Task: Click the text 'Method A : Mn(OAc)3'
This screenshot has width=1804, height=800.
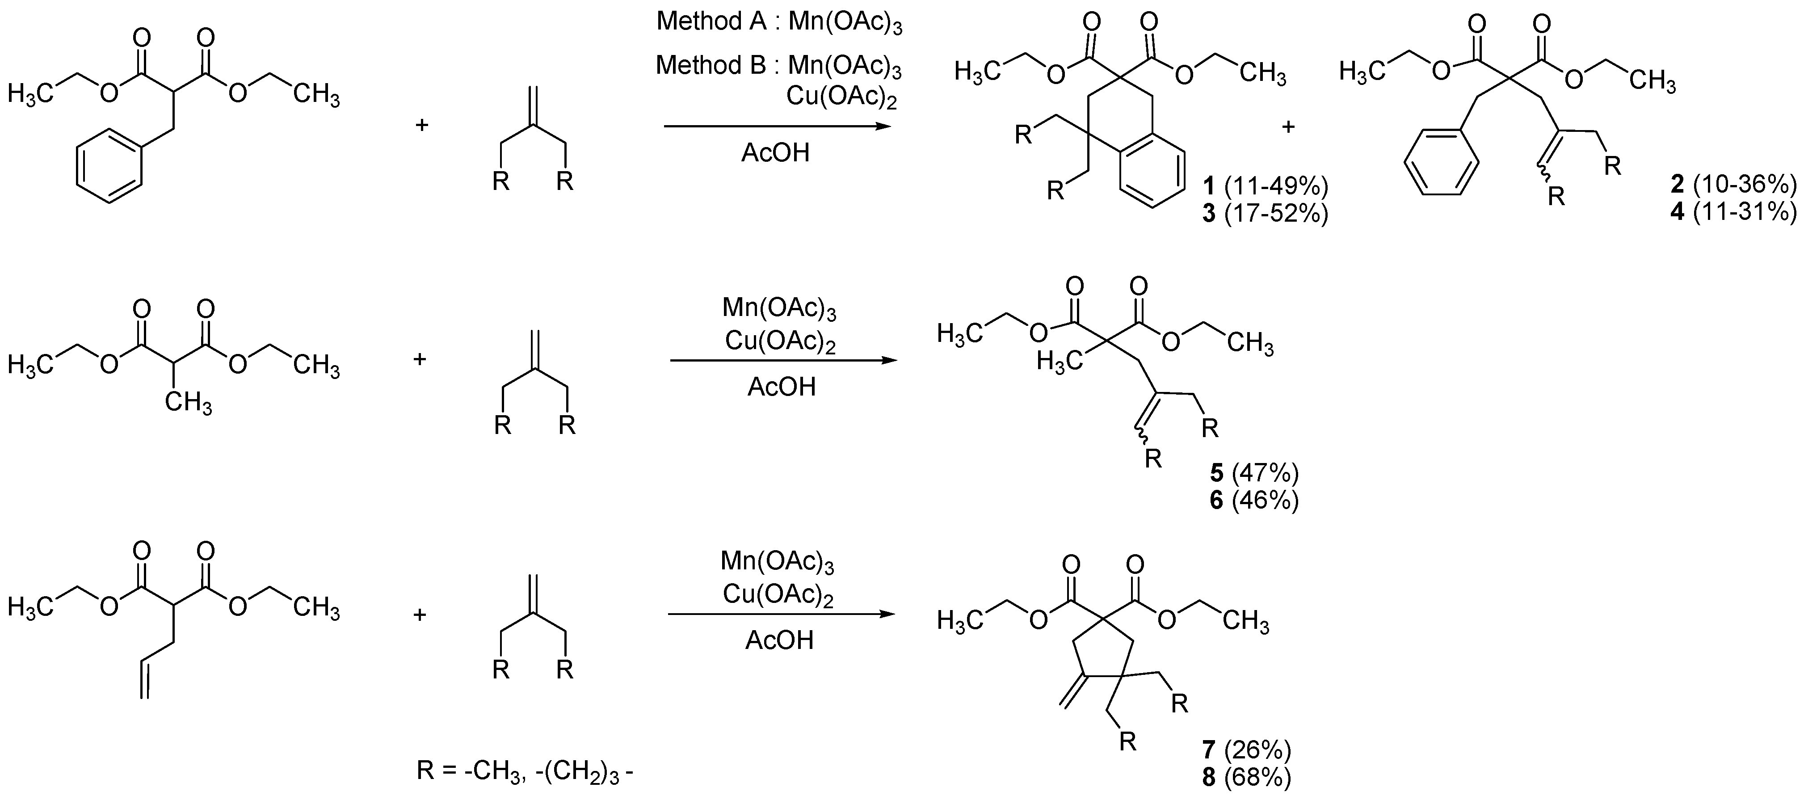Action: [x=779, y=22]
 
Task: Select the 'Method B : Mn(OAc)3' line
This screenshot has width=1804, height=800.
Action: [x=779, y=66]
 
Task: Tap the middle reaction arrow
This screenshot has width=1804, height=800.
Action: [x=783, y=361]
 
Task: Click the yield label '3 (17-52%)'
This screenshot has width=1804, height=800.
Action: [x=1265, y=213]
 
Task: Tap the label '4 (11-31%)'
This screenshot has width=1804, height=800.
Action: [x=1733, y=211]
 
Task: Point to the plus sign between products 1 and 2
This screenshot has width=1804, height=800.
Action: [x=1288, y=127]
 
